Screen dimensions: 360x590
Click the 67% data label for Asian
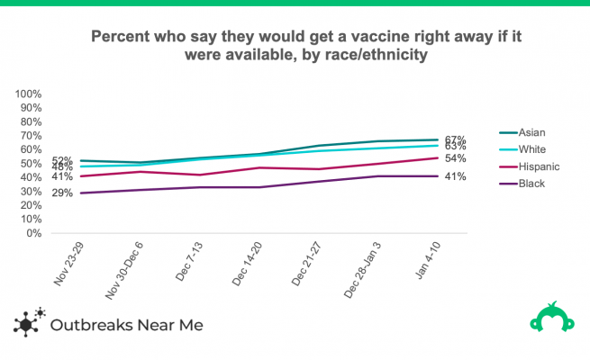pyautogui.click(x=455, y=139)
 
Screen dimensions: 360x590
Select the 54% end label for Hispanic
pyautogui.click(x=455, y=158)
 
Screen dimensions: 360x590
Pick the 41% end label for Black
pyautogui.click(x=455, y=176)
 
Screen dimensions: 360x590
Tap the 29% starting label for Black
pyautogui.click(x=62, y=193)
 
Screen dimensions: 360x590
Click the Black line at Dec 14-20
pyautogui.click(x=259, y=187)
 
